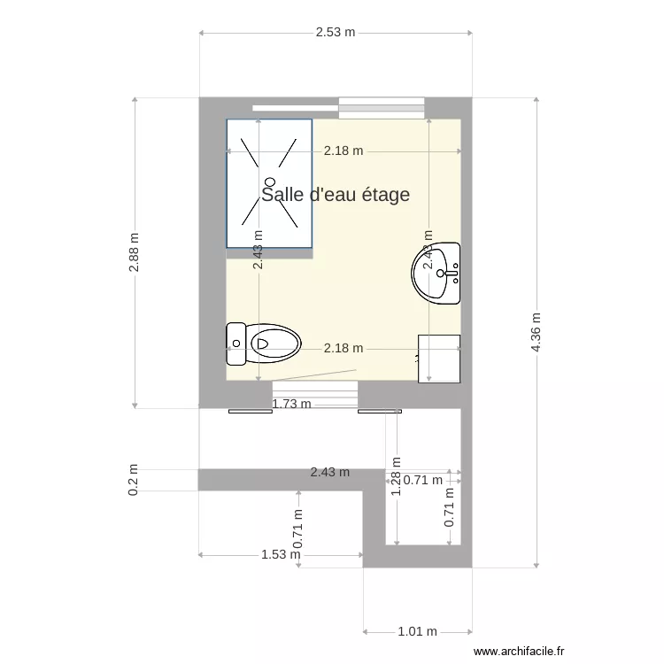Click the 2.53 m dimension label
pos(335,33)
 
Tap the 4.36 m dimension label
pos(536,332)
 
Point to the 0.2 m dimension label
pos(134,479)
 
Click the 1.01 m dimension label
pos(417,631)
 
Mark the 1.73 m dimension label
pos(291,405)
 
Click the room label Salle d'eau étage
pos(336,195)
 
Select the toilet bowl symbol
pos(275,343)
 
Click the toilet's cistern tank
pos(235,344)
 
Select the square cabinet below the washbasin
pos(439,358)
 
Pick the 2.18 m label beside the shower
pos(344,151)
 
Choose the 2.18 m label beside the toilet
pos(344,348)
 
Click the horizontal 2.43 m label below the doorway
pos(329,473)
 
